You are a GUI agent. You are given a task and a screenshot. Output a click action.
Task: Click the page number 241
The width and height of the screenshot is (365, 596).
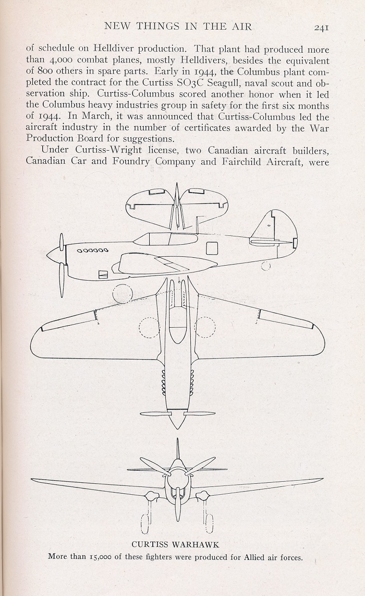321,27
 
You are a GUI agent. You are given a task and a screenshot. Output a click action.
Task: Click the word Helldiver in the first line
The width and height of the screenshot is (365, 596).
113,49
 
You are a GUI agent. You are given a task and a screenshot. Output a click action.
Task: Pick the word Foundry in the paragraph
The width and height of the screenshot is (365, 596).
129,161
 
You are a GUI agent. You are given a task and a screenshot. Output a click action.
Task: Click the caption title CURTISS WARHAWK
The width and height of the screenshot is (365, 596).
175,544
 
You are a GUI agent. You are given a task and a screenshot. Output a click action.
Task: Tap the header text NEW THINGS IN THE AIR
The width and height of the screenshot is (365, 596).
178,26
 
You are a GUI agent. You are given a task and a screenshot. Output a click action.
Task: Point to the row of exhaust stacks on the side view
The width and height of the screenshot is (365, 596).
93,250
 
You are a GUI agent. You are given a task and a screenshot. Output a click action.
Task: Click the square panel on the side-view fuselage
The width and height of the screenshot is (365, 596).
212,248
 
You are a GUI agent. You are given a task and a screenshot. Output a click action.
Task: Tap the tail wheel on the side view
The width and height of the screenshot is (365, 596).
266,266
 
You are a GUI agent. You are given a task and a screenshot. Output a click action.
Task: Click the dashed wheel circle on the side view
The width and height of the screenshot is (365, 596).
123,294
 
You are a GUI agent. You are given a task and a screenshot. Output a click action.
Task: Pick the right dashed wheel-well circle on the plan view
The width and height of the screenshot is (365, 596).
205,327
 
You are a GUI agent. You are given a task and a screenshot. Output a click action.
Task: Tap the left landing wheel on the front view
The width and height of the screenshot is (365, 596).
144,523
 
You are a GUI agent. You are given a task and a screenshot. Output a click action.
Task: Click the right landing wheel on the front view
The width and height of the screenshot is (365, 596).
209,523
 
